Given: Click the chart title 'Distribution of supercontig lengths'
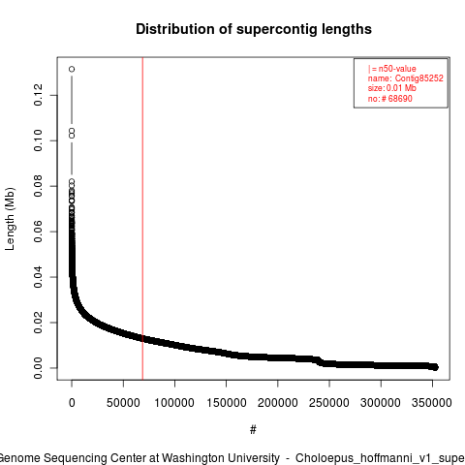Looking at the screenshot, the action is pyautogui.click(x=254, y=29).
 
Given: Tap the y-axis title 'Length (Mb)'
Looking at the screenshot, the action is pyautogui.click(x=10, y=219).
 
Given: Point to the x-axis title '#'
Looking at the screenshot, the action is pyautogui.click(x=253, y=430).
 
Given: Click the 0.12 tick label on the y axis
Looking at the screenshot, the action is pyautogui.click(x=38, y=95).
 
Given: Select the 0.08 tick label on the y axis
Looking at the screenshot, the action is pyautogui.click(x=38, y=186).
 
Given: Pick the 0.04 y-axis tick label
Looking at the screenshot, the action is pyautogui.click(x=38, y=277).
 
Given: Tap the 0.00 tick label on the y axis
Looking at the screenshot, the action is pyautogui.click(x=38, y=368).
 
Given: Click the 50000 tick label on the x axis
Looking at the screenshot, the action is pyautogui.click(x=123, y=403).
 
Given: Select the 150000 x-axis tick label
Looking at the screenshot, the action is pyautogui.click(x=227, y=403).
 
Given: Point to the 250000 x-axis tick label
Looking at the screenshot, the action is pyautogui.click(x=329, y=403).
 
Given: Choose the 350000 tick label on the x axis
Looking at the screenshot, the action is pyautogui.click(x=432, y=403).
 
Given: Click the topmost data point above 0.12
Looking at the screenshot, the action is pyautogui.click(x=72, y=69).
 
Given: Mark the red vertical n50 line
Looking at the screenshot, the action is pyautogui.click(x=142, y=219).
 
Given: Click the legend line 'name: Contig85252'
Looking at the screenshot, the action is pyautogui.click(x=406, y=78).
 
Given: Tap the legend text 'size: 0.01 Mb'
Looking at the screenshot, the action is pyautogui.click(x=392, y=88).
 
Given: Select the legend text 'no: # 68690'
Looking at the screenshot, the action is pyautogui.click(x=390, y=98).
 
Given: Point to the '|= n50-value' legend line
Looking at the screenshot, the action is pyautogui.click(x=392, y=69).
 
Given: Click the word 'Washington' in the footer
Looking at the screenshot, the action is pyautogui.click(x=221, y=458).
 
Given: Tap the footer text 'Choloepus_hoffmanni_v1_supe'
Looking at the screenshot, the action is pyautogui.click(x=380, y=459).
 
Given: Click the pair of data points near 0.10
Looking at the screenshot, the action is pyautogui.click(x=72, y=133).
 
